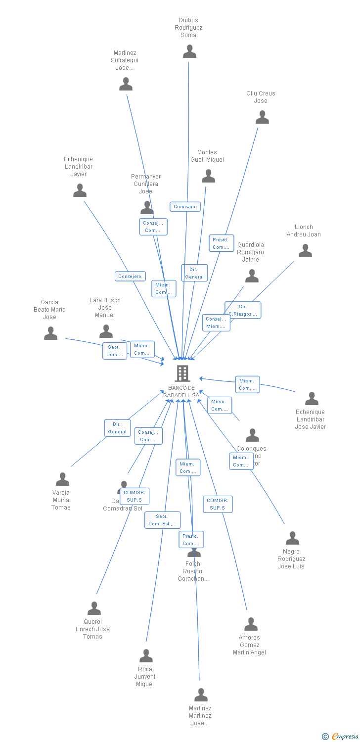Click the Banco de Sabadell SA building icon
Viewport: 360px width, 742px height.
182,373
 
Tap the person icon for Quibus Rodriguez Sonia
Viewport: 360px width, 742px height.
189,51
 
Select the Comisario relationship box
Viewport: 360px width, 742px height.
185,207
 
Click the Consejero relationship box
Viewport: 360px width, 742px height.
130,277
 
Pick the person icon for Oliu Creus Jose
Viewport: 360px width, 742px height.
262,117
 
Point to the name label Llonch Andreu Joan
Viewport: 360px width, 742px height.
304,231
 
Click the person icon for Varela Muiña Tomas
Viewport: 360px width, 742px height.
62,479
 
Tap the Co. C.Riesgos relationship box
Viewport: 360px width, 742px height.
243,310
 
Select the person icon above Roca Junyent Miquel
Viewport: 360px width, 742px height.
146,656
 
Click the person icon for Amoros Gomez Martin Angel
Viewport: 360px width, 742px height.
251,624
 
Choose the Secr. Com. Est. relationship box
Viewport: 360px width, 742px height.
162,520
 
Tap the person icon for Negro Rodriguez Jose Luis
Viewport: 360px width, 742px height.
292,538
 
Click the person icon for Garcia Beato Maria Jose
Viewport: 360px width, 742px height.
50,333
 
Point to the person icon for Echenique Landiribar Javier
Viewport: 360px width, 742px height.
80,190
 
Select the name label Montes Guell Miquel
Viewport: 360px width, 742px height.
207,156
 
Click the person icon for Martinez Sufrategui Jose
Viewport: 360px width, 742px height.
126,84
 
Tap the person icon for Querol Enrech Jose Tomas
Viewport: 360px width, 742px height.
94,608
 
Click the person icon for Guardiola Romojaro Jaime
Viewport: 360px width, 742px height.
252,276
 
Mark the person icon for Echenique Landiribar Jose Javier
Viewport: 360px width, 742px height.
312,399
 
